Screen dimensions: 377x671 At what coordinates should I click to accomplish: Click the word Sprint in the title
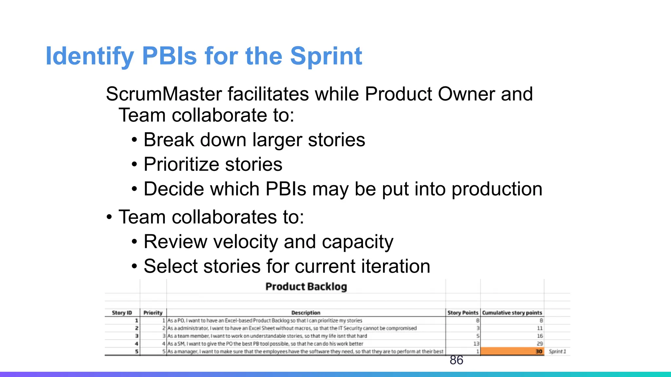[x=326, y=56]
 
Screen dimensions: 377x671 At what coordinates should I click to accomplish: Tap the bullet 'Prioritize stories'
[x=213, y=164]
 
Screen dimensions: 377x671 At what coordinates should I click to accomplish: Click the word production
[x=497, y=189]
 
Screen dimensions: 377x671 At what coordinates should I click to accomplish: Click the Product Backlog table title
[x=306, y=287]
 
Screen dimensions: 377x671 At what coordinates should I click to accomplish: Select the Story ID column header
[x=122, y=313]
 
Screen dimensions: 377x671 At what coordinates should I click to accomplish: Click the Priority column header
[x=153, y=313]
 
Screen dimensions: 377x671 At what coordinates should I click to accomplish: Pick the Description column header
[x=306, y=313]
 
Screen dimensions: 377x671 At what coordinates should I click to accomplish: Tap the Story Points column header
[x=463, y=313]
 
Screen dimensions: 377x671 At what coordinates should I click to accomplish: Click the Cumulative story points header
[x=512, y=313]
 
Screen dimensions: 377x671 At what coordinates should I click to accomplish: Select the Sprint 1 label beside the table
[x=557, y=351]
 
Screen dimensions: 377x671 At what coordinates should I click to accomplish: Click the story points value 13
[x=476, y=344]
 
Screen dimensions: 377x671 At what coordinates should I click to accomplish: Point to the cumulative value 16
[x=540, y=336]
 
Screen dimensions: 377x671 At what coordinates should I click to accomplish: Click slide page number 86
[x=456, y=360]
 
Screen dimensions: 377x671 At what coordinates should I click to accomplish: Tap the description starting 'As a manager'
[x=305, y=351]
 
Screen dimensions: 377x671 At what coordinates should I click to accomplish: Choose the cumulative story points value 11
[x=540, y=328]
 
